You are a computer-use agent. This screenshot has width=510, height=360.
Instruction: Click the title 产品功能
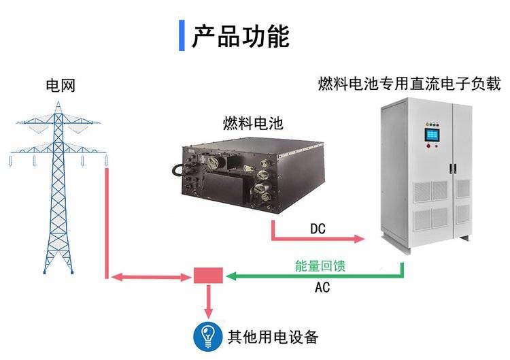pyautogui.click(x=240, y=36)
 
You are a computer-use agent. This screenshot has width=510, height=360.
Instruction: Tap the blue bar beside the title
pyautogui.click(x=182, y=36)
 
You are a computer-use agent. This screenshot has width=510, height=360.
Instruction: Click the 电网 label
pyautogui.click(x=60, y=86)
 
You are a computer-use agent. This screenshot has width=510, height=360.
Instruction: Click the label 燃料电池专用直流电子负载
pyautogui.click(x=409, y=84)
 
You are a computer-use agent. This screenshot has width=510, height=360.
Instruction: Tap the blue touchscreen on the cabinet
pyautogui.click(x=432, y=137)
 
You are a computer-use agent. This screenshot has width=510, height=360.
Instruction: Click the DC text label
pyautogui.click(x=318, y=229)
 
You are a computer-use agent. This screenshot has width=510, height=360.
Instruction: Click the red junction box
pyautogui.click(x=208, y=276)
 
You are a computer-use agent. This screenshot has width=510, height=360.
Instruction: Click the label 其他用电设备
pyautogui.click(x=273, y=336)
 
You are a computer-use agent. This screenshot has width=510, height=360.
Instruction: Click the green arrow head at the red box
pyautogui.click(x=231, y=276)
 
